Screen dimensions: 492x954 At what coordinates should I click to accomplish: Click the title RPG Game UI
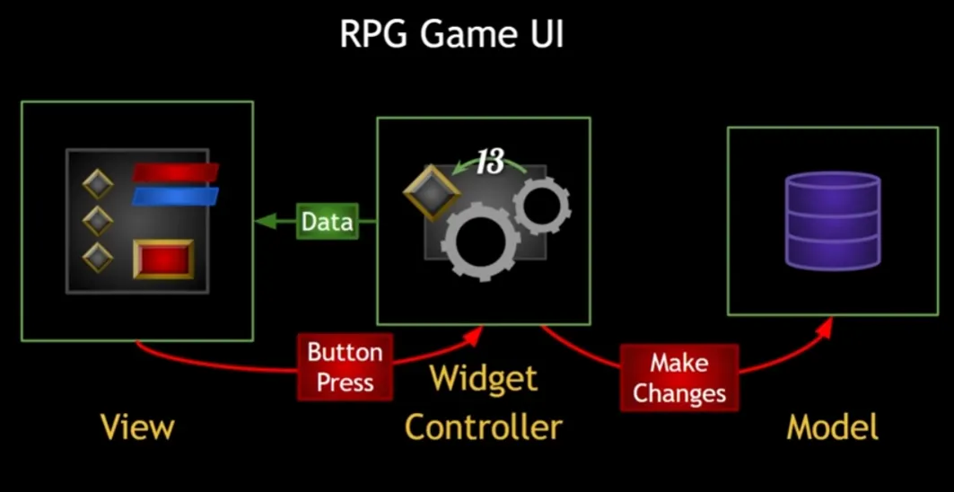451,37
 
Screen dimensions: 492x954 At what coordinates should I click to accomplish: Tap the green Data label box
328,222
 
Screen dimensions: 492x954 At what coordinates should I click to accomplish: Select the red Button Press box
346,366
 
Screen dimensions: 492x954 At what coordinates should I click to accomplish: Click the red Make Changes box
678,378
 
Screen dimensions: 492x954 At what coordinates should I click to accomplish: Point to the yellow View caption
137,426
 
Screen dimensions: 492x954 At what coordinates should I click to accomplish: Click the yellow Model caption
832,426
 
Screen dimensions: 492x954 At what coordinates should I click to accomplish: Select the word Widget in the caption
483,378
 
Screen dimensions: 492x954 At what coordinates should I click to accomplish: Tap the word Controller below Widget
483,426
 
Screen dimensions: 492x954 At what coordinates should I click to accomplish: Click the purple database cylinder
833,221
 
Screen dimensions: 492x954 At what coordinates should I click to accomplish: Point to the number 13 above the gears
490,163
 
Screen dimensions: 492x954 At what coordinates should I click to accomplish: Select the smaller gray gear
541,206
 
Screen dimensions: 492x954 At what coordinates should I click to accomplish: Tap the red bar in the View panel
176,171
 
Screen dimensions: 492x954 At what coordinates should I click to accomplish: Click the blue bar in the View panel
175,196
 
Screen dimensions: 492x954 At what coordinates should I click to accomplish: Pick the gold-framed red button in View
163,259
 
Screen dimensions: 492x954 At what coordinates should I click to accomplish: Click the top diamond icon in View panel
98,184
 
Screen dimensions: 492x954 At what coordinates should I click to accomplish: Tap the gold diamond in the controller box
432,191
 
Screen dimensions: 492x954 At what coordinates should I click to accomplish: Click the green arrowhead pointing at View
261,222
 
